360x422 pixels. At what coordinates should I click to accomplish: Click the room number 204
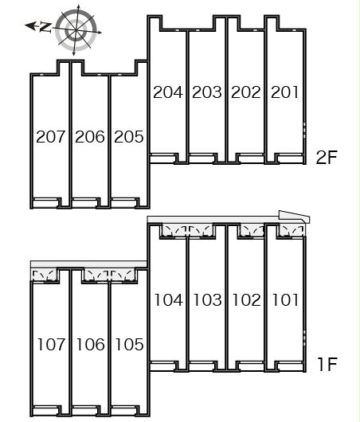pyautogui.click(x=168, y=92)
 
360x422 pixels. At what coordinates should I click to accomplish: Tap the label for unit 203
pyautogui.click(x=207, y=92)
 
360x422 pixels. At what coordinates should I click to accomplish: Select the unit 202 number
pyautogui.click(x=246, y=92)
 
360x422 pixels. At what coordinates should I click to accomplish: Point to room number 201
pyautogui.click(x=284, y=92)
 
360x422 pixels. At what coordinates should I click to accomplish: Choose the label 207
pyautogui.click(x=51, y=137)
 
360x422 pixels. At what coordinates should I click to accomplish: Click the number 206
pyautogui.click(x=90, y=137)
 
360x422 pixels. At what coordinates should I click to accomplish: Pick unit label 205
pyautogui.click(x=129, y=137)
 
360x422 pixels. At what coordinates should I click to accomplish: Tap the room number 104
pyautogui.click(x=169, y=300)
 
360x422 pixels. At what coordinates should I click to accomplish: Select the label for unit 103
pyautogui.click(x=207, y=300)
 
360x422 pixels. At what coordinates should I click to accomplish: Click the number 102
pyautogui.click(x=246, y=300)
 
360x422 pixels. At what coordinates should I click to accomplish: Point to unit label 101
pyautogui.click(x=285, y=300)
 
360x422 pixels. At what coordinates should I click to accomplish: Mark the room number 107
pyautogui.click(x=51, y=345)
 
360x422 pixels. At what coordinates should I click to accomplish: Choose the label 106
pyautogui.click(x=90, y=345)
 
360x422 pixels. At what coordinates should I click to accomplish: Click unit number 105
pyautogui.click(x=129, y=345)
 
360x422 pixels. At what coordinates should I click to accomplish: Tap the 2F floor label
pyautogui.click(x=327, y=158)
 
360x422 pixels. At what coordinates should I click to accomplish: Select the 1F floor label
pyautogui.click(x=327, y=364)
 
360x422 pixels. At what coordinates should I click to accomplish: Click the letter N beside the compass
pyautogui.click(x=45, y=27)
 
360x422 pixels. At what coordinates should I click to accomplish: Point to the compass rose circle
pyautogui.click(x=76, y=30)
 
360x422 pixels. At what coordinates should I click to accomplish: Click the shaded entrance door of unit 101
pyautogui.click(x=292, y=231)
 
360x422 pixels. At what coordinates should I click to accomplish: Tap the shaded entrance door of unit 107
pyautogui.click(x=45, y=275)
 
